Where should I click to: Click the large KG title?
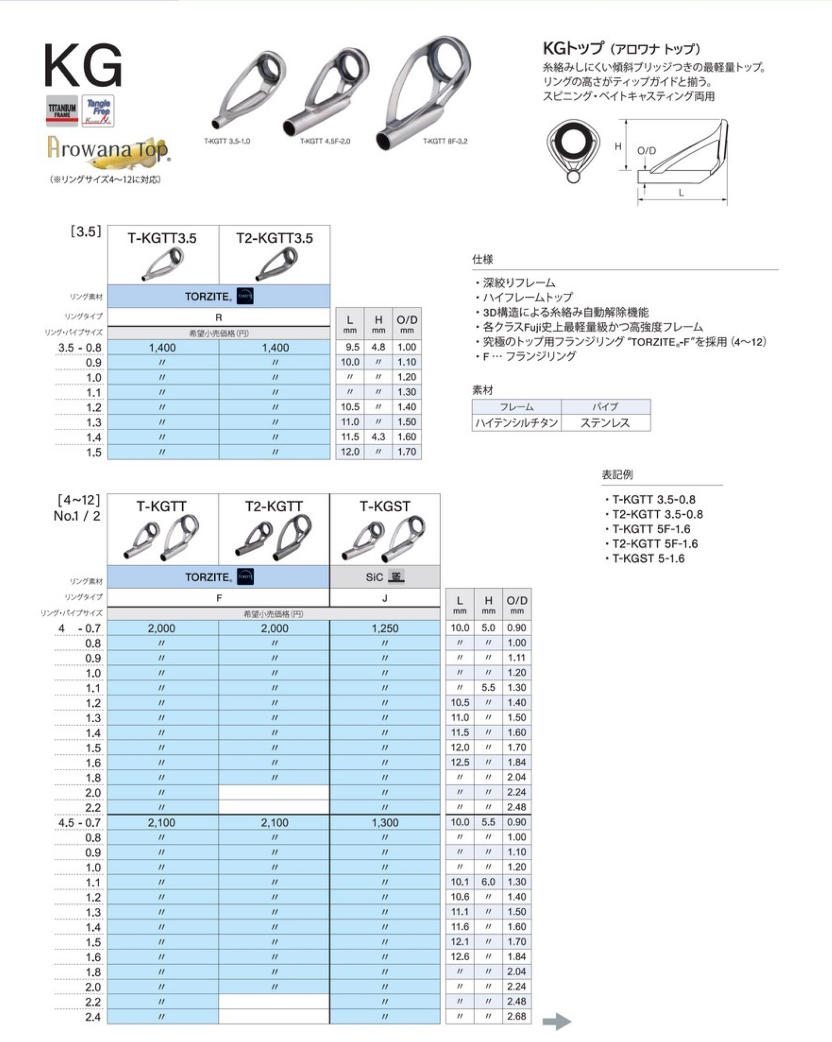click(x=83, y=66)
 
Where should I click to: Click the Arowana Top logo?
click(x=108, y=151)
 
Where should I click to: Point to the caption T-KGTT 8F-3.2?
click(x=445, y=141)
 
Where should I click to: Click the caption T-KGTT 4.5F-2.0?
click(x=325, y=141)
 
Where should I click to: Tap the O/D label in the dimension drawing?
click(x=646, y=151)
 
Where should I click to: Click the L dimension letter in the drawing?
click(x=681, y=192)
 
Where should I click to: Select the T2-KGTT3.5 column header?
click(x=274, y=238)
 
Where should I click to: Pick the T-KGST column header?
click(x=385, y=506)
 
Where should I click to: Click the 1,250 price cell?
click(x=385, y=628)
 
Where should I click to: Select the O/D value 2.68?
click(x=516, y=1016)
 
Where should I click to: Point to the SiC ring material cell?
click(x=385, y=577)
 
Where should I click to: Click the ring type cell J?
click(x=385, y=598)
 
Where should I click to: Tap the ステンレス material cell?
click(x=605, y=423)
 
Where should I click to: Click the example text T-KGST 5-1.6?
click(x=648, y=558)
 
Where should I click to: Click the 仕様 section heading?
click(x=482, y=259)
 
